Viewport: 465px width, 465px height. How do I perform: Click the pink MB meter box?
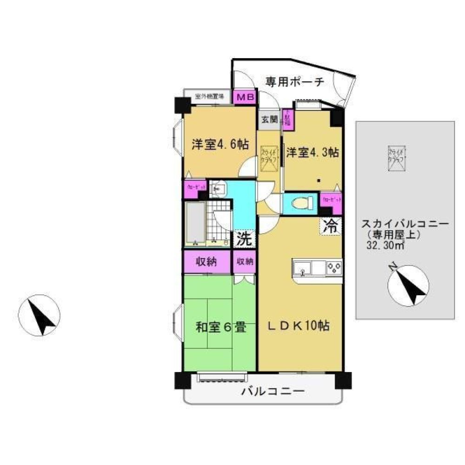point(245,97)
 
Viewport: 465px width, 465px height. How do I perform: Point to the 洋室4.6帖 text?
point(220,144)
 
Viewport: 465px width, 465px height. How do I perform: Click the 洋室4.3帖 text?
point(312,152)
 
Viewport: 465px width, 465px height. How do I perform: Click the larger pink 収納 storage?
point(206,261)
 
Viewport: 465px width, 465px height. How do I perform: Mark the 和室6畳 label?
point(220,328)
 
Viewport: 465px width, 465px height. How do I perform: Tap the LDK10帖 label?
point(300,326)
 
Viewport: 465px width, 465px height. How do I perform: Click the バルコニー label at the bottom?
point(272,392)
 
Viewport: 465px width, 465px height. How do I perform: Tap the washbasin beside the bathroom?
point(218,189)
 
